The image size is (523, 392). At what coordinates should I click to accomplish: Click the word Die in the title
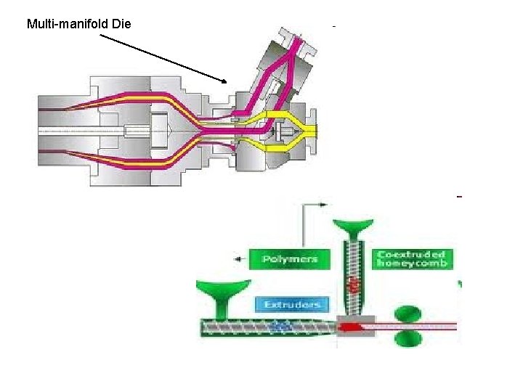point(121,24)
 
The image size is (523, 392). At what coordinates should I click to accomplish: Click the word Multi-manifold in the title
point(68,24)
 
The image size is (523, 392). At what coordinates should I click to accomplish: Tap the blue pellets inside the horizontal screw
point(279,327)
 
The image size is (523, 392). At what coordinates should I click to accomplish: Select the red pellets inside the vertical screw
point(354,284)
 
